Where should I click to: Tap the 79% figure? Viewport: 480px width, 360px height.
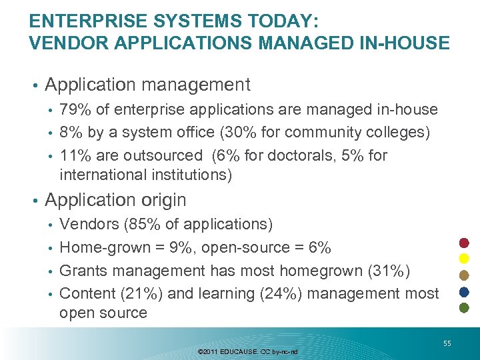(x=74, y=109)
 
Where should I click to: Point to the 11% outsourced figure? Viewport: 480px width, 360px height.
(x=74, y=155)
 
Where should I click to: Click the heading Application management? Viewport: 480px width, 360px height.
(x=147, y=85)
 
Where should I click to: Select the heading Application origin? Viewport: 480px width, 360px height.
(x=115, y=199)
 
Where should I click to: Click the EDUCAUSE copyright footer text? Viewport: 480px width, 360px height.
(x=248, y=351)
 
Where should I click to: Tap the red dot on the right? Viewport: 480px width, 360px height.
(x=465, y=241)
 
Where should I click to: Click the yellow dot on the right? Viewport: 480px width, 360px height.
(x=465, y=258)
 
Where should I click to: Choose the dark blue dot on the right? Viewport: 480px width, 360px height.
(x=465, y=291)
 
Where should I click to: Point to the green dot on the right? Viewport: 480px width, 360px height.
(x=465, y=308)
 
